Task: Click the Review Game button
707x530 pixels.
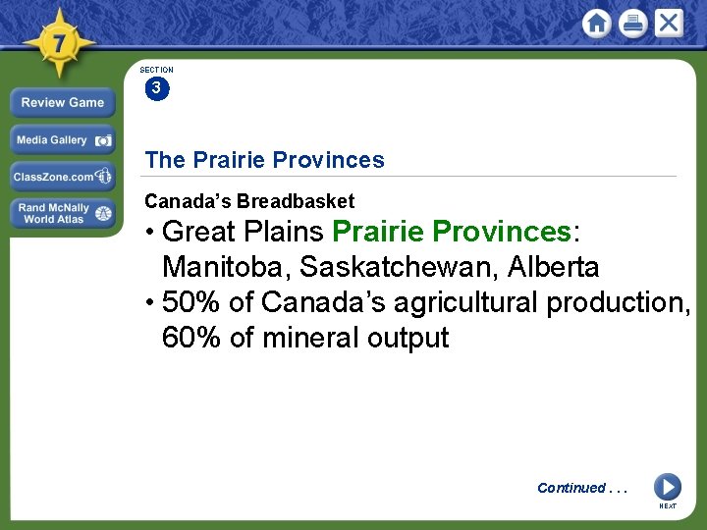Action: pos(63,102)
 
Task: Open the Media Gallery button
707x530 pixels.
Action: pos(63,140)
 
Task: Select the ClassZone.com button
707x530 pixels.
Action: pos(63,177)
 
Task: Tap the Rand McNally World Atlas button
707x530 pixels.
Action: pos(63,213)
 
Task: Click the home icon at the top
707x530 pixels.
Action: pos(596,23)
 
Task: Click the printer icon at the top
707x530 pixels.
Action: pos(632,24)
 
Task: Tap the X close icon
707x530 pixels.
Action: pos(669,23)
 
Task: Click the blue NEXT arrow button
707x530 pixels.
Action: pos(667,487)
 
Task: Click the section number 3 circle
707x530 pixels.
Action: pos(156,88)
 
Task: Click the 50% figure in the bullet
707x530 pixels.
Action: pos(191,302)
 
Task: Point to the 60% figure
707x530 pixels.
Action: pos(191,338)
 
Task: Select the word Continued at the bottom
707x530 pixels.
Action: pos(571,488)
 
